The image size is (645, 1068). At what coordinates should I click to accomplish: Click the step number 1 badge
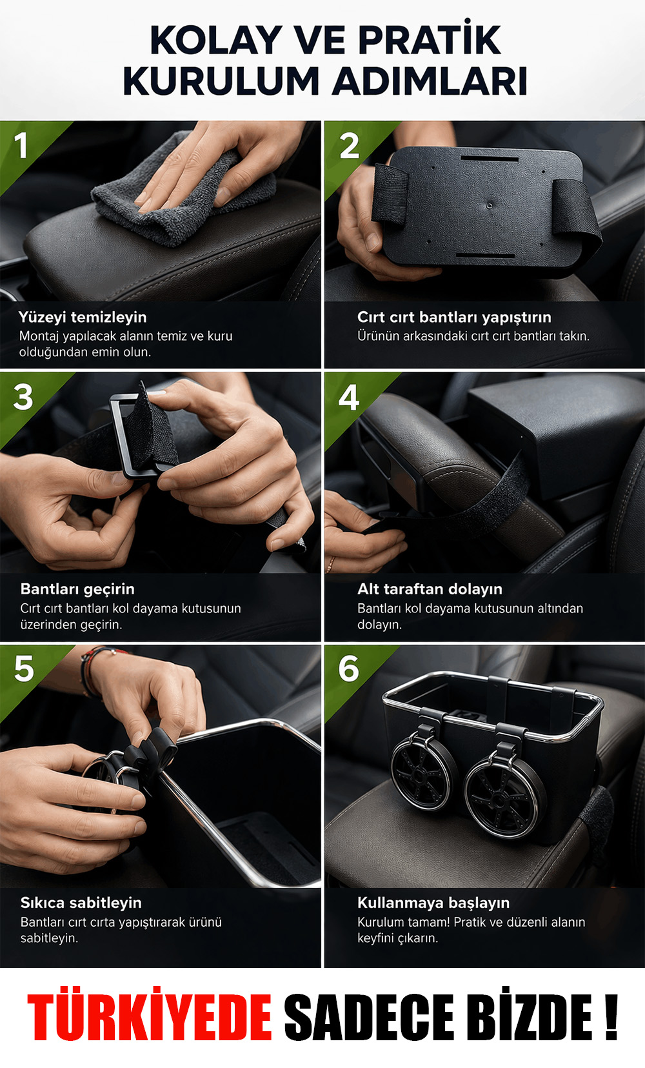21,145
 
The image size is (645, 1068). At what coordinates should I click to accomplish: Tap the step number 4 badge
348,398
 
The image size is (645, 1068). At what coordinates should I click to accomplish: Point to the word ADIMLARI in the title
430,81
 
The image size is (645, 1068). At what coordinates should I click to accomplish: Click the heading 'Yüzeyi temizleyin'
83,317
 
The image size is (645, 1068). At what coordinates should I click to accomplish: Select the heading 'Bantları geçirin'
77,589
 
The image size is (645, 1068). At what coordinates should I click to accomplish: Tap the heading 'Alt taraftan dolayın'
430,589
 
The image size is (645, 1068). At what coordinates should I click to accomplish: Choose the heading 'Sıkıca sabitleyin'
81,903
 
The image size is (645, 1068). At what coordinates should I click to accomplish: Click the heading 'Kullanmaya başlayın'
433,903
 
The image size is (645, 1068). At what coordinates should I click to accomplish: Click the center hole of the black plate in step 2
490,206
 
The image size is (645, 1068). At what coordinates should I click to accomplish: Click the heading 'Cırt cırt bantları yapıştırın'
454,317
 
